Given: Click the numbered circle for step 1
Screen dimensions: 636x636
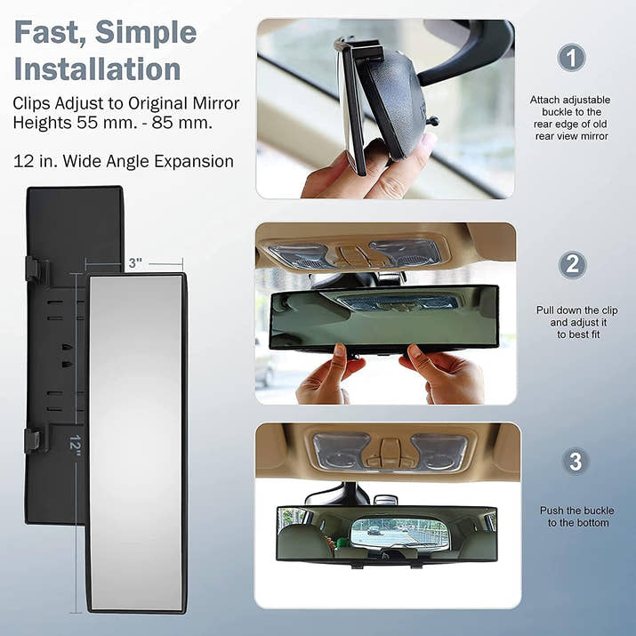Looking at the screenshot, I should point(572,59).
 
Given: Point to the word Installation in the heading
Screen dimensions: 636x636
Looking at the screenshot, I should point(97,68).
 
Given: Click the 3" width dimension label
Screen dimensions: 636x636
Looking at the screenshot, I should point(134,263).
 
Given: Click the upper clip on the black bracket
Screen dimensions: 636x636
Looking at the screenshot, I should point(34,269).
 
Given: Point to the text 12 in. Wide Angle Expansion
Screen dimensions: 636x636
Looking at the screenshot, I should point(124,161).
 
